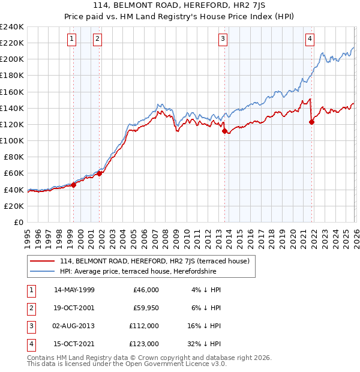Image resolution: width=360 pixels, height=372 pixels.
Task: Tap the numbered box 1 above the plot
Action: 71,39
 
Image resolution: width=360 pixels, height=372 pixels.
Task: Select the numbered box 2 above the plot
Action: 97,39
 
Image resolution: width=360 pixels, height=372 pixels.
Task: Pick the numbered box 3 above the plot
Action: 223,39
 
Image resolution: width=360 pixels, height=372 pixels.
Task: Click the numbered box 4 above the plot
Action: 310,39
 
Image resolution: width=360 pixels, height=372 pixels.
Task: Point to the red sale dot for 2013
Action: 224,131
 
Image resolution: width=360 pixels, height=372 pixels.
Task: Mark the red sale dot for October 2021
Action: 311,122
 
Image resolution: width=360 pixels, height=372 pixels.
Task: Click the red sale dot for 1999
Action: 73,185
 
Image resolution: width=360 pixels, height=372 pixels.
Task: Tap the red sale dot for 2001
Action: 99,173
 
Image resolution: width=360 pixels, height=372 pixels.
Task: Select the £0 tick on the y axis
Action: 18,222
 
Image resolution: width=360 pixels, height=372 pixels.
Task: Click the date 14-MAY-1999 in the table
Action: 74,290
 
